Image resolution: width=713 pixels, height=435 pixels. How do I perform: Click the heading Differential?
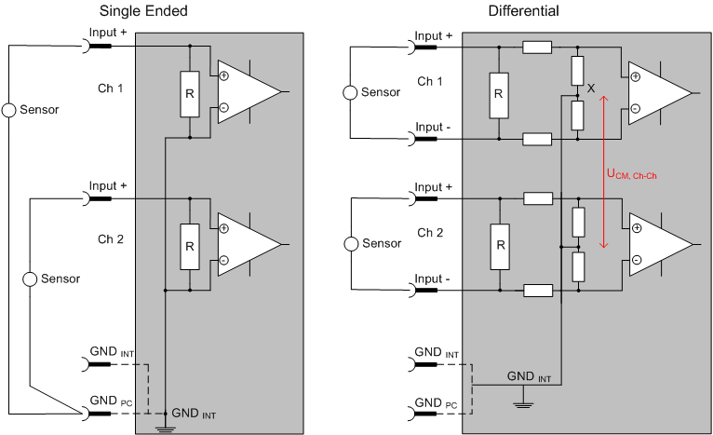pos(523,11)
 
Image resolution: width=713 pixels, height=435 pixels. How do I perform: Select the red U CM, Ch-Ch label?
pos(633,174)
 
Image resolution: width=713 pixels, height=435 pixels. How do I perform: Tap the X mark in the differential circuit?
pos(590,88)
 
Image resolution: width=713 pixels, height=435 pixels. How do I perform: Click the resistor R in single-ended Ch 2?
pos(189,245)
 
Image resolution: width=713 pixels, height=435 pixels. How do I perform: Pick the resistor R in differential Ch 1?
pos(499,93)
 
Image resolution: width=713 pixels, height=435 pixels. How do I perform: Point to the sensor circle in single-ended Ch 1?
pos(9,110)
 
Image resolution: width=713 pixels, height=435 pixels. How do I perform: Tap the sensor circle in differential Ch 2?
pos(350,243)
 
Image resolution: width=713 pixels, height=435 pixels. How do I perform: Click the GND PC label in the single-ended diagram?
pos(109,400)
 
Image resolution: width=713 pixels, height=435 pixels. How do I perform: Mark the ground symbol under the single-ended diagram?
pos(165,428)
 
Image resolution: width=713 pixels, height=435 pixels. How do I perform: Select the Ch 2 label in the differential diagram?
pos(430,232)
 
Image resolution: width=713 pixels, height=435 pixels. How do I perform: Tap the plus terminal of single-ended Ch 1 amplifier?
pos(223,75)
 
